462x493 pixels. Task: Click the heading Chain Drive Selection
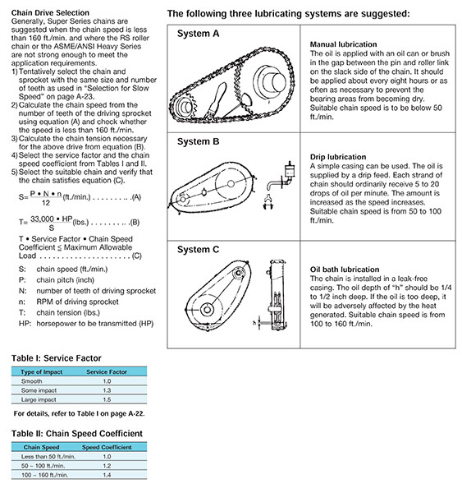coord(50,13)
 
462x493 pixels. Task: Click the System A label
coord(199,34)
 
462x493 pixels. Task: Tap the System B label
coord(199,141)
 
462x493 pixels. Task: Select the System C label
coord(199,250)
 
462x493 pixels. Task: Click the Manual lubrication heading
coord(343,44)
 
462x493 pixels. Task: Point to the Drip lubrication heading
coord(338,157)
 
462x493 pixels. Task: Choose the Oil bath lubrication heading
coord(345,270)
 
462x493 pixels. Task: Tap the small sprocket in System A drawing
coord(185,107)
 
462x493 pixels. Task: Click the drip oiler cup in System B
coord(290,171)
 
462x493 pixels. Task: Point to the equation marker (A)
coord(136,197)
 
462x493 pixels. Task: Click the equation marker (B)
coord(135,223)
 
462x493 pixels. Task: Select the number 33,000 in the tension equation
coord(42,219)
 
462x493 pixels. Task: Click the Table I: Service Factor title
coord(57,358)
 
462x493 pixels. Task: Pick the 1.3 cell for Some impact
coord(107,390)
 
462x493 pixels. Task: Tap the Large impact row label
coord(39,399)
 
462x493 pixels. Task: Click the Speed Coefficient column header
coord(107,448)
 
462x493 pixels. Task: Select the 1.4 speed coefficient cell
coord(107,475)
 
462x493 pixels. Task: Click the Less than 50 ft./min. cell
coord(48,457)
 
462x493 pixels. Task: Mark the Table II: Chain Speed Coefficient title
coord(77,434)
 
